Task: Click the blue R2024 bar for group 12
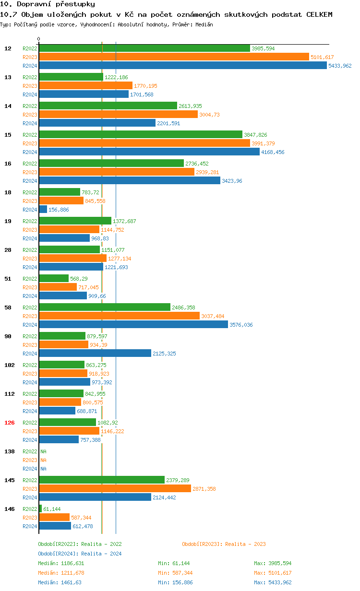(x=182, y=66)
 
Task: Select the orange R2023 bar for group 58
(x=119, y=316)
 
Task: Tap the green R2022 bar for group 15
(x=140, y=135)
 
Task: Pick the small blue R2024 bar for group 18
(x=43, y=210)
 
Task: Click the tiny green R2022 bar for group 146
(x=40, y=509)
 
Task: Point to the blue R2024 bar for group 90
(x=95, y=354)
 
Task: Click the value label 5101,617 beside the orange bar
(x=322, y=57)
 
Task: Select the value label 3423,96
(x=232, y=181)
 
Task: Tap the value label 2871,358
(x=204, y=489)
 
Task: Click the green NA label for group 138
(x=43, y=451)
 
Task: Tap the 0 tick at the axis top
(x=39, y=39)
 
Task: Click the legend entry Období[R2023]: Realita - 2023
(x=224, y=544)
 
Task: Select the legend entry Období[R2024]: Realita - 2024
(x=80, y=554)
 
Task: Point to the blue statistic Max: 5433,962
(x=273, y=582)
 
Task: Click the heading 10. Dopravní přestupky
(x=44, y=4)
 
